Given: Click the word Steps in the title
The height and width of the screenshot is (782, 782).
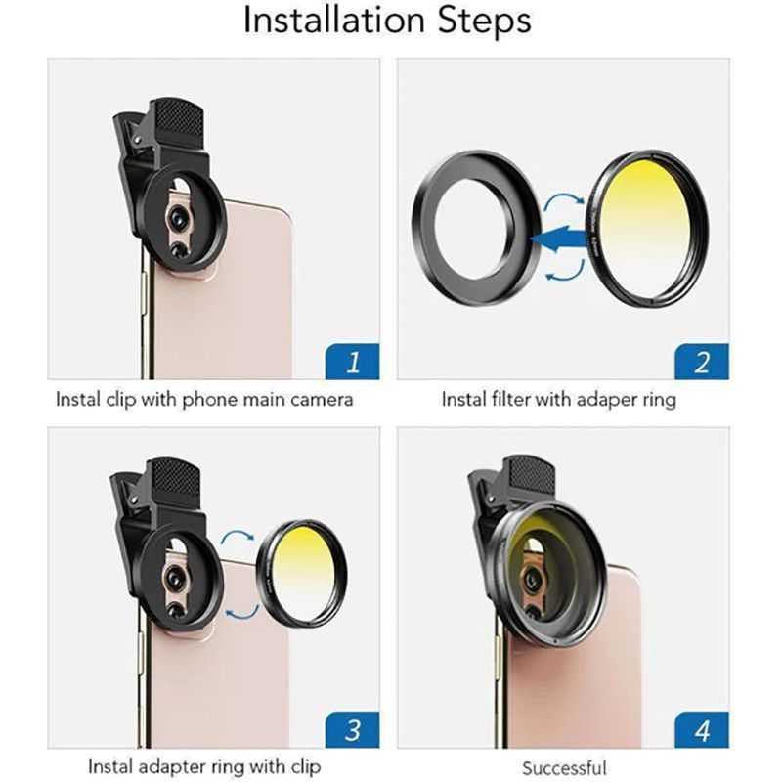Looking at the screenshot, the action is (x=485, y=21).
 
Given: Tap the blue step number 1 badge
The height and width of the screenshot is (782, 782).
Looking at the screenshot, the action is (x=352, y=362).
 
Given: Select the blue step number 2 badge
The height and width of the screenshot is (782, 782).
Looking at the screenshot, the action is (x=702, y=362).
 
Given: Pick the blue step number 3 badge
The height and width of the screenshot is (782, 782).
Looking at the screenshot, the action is (x=352, y=730).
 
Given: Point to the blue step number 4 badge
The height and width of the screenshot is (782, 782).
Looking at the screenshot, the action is (x=702, y=730).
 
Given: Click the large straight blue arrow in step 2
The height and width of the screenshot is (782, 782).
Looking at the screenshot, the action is (x=559, y=238).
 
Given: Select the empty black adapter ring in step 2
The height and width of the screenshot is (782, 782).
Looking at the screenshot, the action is (x=423, y=227).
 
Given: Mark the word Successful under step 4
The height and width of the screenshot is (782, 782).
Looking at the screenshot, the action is (x=565, y=768).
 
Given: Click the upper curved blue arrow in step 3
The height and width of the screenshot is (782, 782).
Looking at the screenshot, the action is (x=238, y=538).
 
